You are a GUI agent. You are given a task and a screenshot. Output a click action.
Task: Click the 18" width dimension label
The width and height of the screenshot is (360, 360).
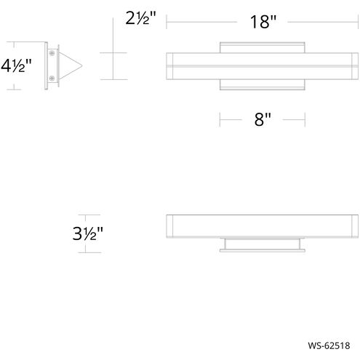coord(263,23)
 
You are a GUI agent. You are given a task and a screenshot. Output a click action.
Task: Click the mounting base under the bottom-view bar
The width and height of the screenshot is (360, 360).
coord(263,244)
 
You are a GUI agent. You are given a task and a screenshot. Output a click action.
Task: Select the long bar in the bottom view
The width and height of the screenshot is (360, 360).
coord(263,226)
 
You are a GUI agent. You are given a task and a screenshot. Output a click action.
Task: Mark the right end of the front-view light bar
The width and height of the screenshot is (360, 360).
coord(355,66)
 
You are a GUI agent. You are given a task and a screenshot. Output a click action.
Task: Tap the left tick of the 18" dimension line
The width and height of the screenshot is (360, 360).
coord(167,23)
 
